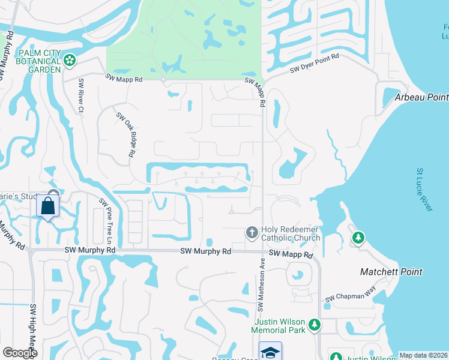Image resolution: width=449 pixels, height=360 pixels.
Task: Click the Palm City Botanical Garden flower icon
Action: pos(70,59)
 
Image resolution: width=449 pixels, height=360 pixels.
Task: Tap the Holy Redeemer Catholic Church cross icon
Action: pos(252,232)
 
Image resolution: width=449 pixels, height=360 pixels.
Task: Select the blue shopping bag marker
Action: pos(48,206)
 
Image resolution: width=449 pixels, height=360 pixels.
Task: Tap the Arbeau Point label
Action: pos(421,97)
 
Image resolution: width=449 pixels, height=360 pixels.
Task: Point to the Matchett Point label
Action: pos(391,272)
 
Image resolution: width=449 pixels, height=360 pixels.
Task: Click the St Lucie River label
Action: pos(424,189)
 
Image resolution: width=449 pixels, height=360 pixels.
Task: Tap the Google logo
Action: pos(20,353)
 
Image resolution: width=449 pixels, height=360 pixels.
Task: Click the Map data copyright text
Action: pos(423,355)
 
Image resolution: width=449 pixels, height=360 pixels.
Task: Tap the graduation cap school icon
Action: pos(270,352)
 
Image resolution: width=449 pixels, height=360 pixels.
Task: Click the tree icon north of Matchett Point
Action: pos(358,238)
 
